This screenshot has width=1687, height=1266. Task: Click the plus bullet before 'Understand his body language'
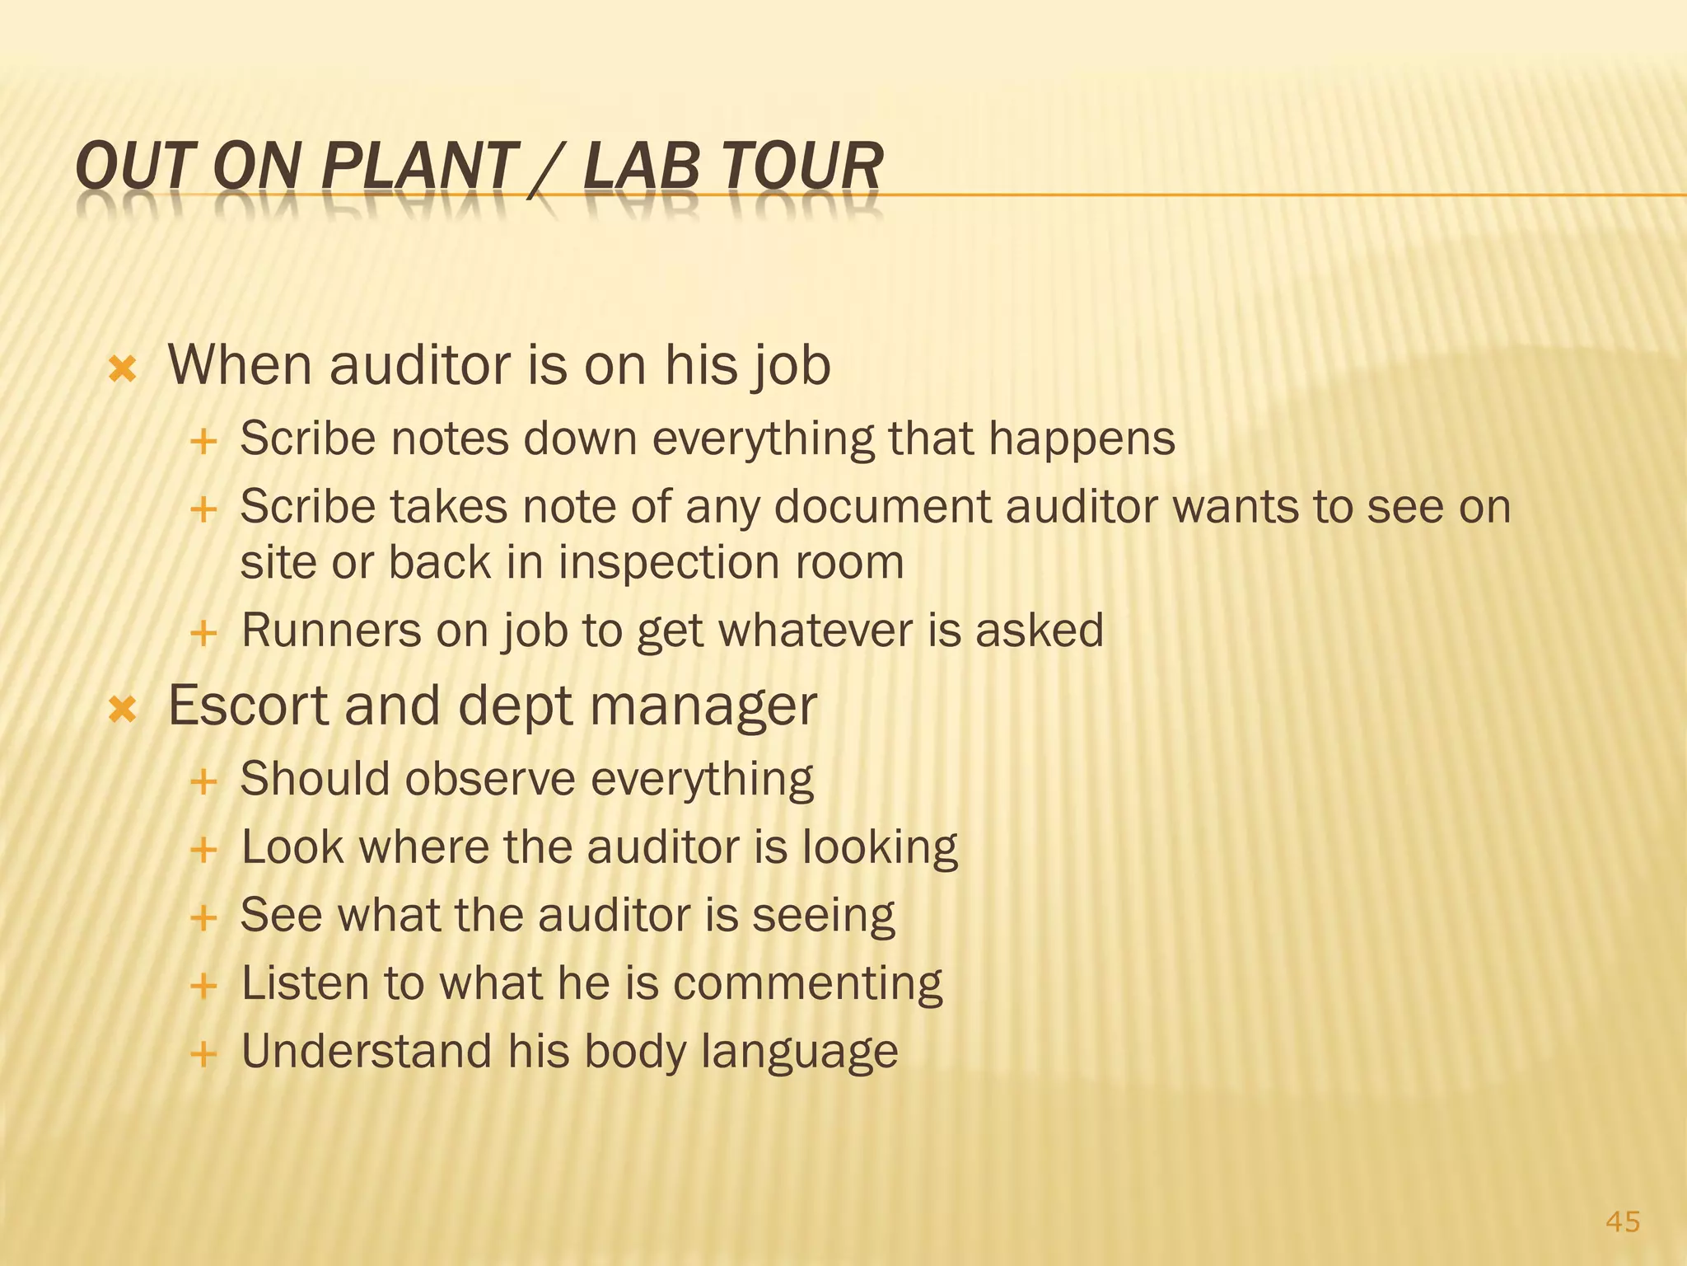[x=203, y=1053]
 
